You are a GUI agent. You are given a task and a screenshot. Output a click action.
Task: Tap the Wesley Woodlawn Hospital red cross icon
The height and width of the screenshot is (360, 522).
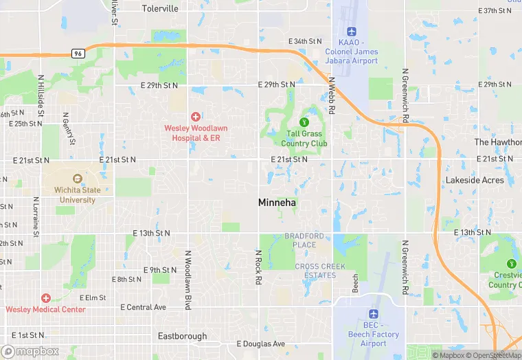click(196, 117)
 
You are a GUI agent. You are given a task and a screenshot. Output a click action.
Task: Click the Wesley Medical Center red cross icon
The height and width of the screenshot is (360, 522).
click(46, 298)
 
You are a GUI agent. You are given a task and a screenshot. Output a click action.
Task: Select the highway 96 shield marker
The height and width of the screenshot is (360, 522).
click(78, 53)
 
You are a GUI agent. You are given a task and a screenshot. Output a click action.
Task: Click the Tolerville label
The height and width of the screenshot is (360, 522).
click(160, 9)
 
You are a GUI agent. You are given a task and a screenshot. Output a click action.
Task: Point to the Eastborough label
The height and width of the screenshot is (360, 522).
click(182, 336)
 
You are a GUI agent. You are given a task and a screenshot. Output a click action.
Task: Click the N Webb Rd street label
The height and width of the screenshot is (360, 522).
click(332, 95)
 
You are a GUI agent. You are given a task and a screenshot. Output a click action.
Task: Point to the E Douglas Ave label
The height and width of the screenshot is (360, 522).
click(260, 344)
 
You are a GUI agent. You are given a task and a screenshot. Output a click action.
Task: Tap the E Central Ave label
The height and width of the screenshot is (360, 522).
click(144, 307)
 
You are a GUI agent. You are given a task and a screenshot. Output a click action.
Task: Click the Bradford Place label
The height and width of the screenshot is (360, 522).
click(304, 240)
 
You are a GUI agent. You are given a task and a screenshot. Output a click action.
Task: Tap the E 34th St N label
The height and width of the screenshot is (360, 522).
click(304, 41)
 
